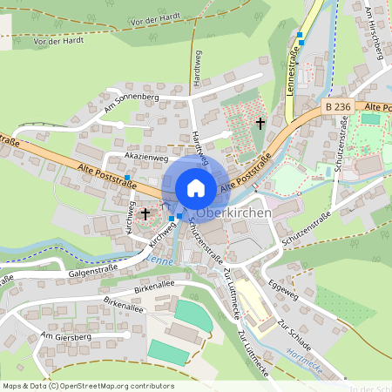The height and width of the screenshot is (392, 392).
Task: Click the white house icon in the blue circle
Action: coord(196,187)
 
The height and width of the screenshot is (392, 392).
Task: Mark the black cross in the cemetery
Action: coord(260,124)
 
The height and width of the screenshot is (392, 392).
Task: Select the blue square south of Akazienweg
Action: coord(126,178)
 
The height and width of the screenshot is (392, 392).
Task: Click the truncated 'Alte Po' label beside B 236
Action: coord(378,106)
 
